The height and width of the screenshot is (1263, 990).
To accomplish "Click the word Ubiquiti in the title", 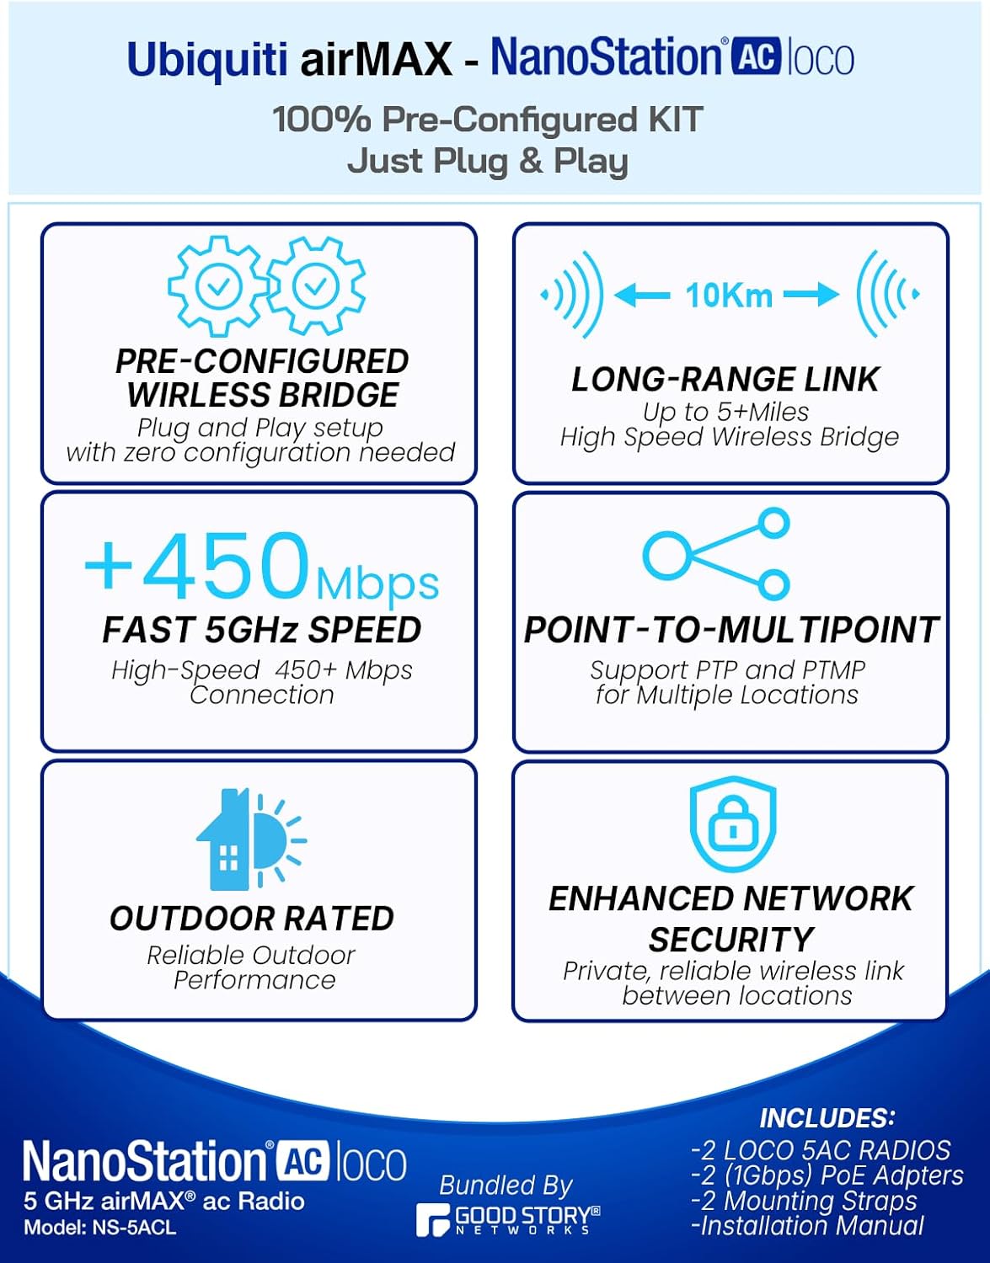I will pos(206,61).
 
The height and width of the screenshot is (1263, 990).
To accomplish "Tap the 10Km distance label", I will pos(729,296).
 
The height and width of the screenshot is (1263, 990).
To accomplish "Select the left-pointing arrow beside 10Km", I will pos(642,296).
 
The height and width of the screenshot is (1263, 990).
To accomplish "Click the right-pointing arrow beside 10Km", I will pos(811,295).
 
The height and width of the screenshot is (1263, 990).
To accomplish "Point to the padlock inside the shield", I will pos(732,829).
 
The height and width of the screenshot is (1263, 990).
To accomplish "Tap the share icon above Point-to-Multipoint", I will pos(717,553).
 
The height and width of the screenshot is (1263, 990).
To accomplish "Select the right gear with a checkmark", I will pos(315,286).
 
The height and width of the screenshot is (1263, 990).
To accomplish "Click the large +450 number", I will pos(199,564).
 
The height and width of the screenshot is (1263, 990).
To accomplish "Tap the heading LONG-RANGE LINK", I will pos(725,380).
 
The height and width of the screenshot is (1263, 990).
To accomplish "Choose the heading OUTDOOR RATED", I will pos(252,919).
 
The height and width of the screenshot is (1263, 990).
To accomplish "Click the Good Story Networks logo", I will pos(508,1219).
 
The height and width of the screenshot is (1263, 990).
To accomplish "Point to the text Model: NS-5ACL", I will pos(100,1228).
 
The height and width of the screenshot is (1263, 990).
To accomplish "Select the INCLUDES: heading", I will pos(827,1117).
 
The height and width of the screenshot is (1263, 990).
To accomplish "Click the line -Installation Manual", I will pos(807,1226).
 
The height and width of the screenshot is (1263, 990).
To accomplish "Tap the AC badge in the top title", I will pos(754,57).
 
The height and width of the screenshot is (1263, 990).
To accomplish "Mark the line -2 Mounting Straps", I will pos(804,1201).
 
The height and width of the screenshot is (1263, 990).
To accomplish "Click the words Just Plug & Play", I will pos(488,161).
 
